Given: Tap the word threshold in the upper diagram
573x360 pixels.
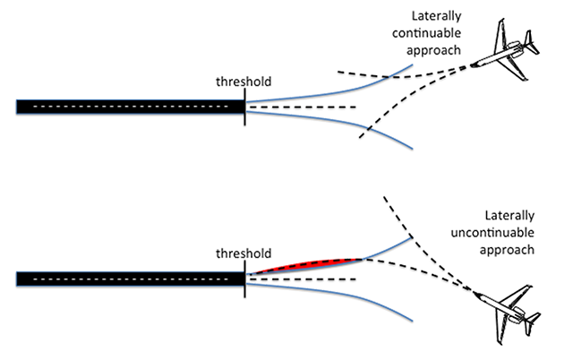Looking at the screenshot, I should [244, 82].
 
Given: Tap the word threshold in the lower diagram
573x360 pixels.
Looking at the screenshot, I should [244, 253].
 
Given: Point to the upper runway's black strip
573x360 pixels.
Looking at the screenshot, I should [125, 107].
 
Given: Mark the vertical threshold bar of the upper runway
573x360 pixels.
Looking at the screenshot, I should [244, 107].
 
